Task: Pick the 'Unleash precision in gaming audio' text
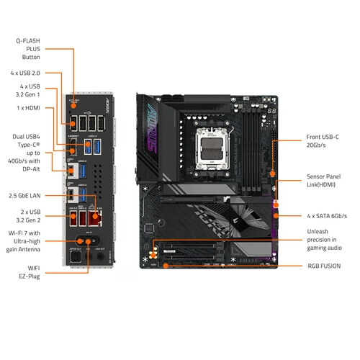tap(325, 240)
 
